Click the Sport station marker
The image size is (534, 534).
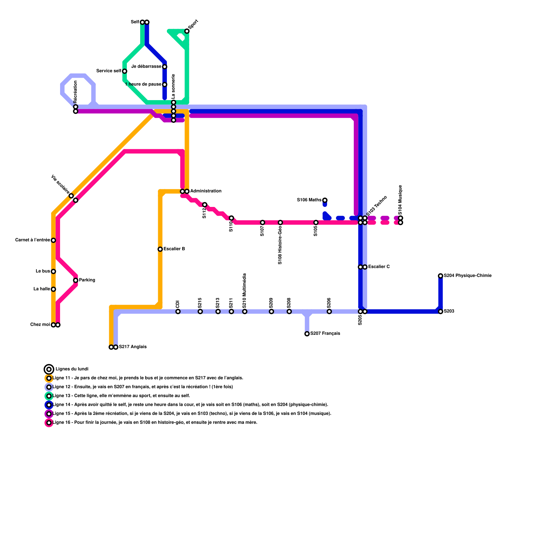click(x=187, y=31)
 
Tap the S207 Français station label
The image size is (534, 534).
click(x=325, y=333)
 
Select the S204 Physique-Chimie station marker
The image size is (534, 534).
click(x=441, y=276)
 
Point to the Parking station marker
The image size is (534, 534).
click(x=76, y=280)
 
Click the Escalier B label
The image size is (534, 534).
click(x=174, y=249)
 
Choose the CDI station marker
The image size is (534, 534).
click(x=178, y=312)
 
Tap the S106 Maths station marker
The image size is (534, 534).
click(x=325, y=200)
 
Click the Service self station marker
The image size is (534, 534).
click(x=124, y=71)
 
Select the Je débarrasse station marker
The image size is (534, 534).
click(x=165, y=67)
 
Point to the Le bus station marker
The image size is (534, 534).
click(x=53, y=271)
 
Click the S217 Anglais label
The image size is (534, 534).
click(x=133, y=347)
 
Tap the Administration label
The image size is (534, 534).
click(x=206, y=191)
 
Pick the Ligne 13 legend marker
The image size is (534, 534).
click(x=49, y=396)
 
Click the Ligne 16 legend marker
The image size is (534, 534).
click(x=49, y=423)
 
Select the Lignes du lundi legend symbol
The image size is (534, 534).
click(x=49, y=369)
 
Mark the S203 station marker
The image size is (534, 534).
click(x=441, y=312)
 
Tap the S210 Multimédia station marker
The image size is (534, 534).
click(x=245, y=312)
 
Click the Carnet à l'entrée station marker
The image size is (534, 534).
click(x=53, y=240)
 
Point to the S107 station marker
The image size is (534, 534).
click(x=263, y=223)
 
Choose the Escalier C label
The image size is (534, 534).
click(x=379, y=267)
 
